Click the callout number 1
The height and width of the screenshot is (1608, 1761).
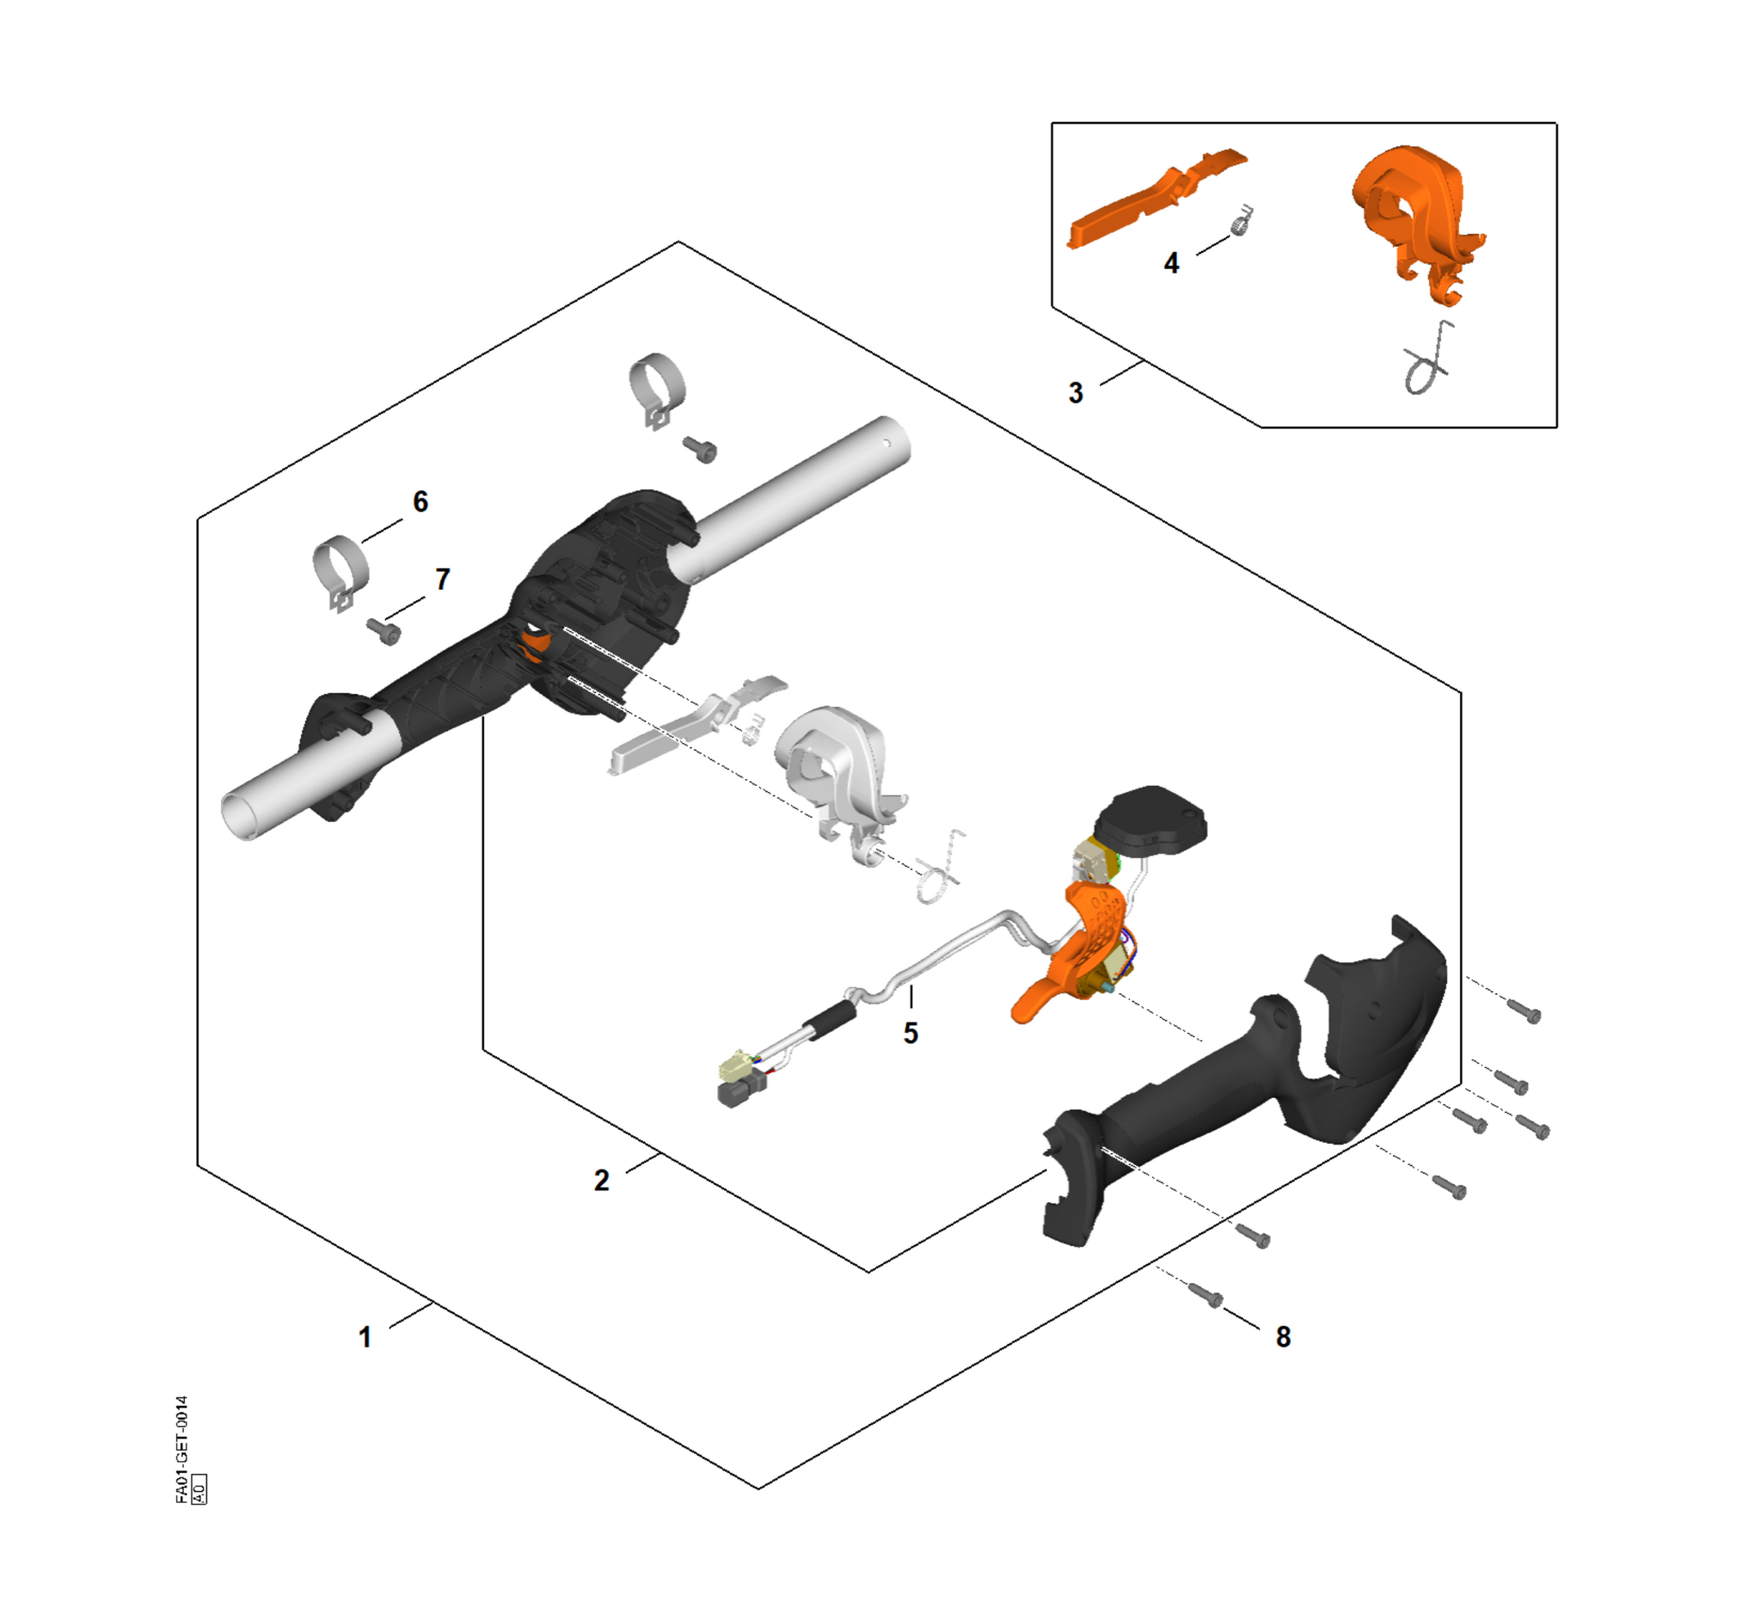pos(365,1337)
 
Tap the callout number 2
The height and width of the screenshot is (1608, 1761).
pos(602,1181)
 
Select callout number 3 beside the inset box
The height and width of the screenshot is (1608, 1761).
pos(1077,393)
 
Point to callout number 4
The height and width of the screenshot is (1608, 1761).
pos(1171,263)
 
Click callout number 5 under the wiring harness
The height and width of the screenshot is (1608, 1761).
pos(911,1034)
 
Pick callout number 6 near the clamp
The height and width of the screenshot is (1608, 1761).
pos(420,501)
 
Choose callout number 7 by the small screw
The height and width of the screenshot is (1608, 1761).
pos(443,579)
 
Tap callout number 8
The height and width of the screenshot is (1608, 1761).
pos(1283,1337)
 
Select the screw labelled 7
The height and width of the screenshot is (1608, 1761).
pos(384,630)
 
